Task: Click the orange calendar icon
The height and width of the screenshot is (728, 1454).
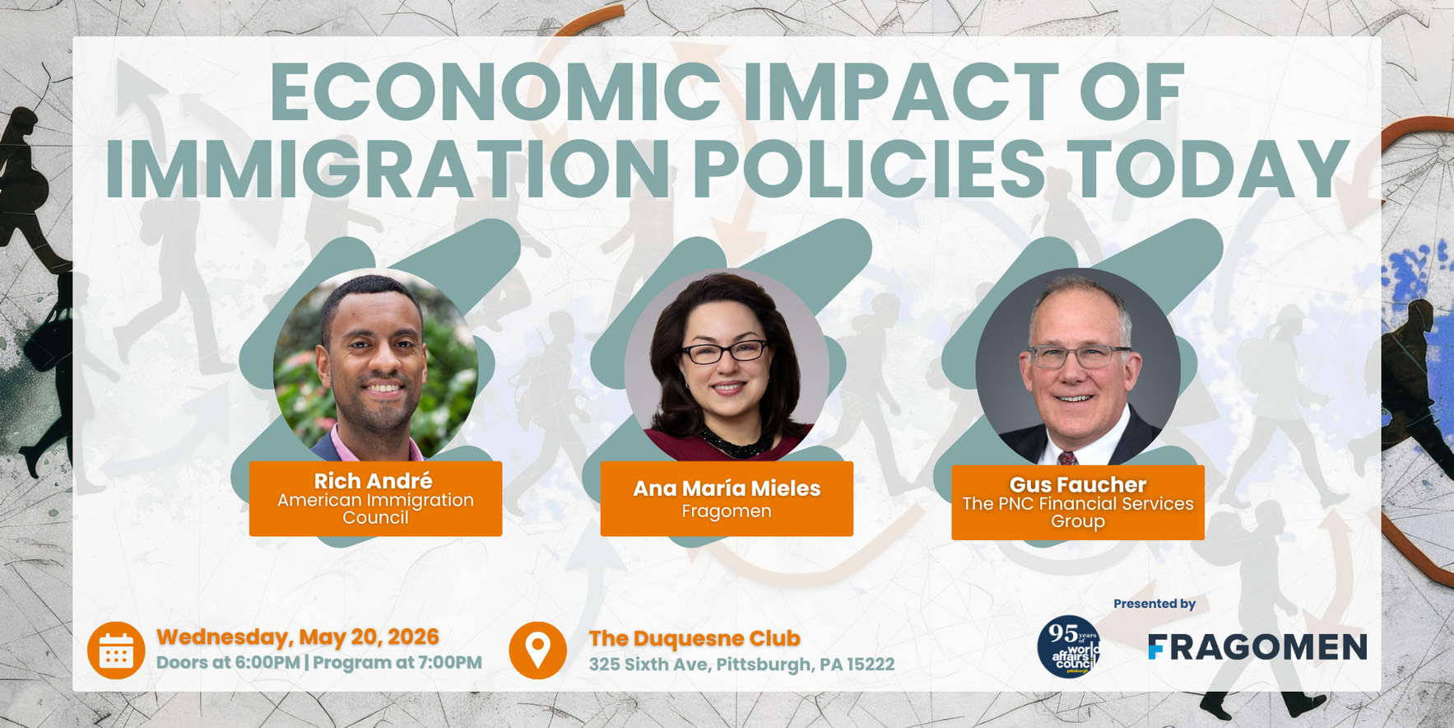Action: pyautogui.click(x=116, y=651)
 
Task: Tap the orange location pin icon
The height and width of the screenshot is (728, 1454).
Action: pyautogui.click(x=537, y=651)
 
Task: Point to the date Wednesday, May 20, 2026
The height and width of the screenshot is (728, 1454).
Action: pyautogui.click(x=298, y=637)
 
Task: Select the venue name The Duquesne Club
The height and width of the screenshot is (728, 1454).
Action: pyautogui.click(x=694, y=638)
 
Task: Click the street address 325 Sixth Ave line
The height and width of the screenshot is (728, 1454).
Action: pyautogui.click(x=741, y=665)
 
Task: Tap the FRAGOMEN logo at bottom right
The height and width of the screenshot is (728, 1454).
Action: pyautogui.click(x=1257, y=647)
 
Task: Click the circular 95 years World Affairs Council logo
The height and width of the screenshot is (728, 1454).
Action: pyautogui.click(x=1068, y=647)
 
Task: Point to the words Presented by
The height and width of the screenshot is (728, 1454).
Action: pyautogui.click(x=1154, y=604)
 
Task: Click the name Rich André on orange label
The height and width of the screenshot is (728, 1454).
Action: pyautogui.click(x=374, y=481)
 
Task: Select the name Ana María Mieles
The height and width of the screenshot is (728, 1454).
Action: pyautogui.click(x=727, y=488)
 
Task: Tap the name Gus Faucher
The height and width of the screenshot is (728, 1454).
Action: pyautogui.click(x=1077, y=484)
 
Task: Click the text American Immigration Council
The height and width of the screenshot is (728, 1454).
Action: pyautogui.click(x=375, y=509)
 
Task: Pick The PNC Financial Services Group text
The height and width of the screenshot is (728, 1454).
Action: pyautogui.click(x=1077, y=512)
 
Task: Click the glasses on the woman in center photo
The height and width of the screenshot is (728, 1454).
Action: pyautogui.click(x=724, y=352)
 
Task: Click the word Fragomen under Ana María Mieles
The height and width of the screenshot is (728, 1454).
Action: pyautogui.click(x=727, y=511)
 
